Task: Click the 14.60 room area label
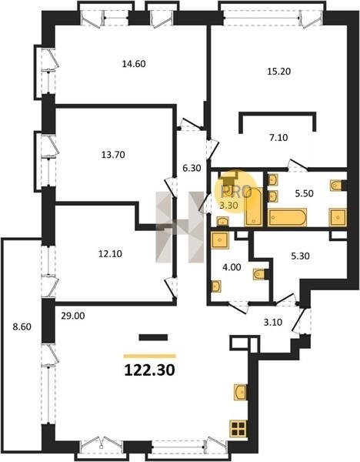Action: pyautogui.click(x=134, y=64)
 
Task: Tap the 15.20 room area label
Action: pyautogui.click(x=278, y=72)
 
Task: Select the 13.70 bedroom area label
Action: pyautogui.click(x=113, y=155)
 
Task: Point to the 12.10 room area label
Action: pyautogui.click(x=110, y=253)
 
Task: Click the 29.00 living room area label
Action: pyautogui.click(x=73, y=316)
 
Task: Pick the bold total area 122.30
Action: pyautogui.click(x=150, y=370)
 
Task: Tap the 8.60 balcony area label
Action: pyautogui.click(x=22, y=326)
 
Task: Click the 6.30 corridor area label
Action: pyautogui.click(x=192, y=168)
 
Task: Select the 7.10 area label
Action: pyautogui.click(x=278, y=138)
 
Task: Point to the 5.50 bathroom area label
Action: pyautogui.click(x=304, y=193)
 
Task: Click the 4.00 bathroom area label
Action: pyautogui.click(x=232, y=267)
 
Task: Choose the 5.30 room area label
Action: pyautogui.click(x=300, y=256)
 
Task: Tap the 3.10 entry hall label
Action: pyautogui.click(x=273, y=322)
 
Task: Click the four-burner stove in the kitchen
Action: pyautogui.click(x=238, y=429)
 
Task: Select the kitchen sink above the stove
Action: pyautogui.click(x=241, y=392)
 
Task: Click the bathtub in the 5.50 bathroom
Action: pyautogui.click(x=287, y=217)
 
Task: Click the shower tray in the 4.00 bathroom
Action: pyautogui.click(x=219, y=240)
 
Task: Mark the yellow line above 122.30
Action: pyautogui.click(x=150, y=357)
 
